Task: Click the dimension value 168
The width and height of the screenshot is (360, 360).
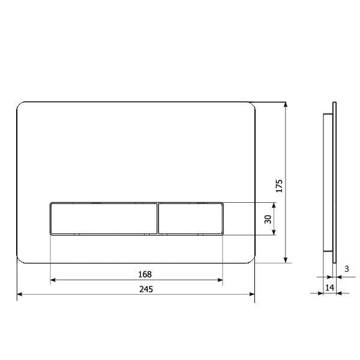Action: click(x=145, y=274)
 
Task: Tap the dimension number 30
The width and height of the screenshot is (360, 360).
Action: click(x=268, y=219)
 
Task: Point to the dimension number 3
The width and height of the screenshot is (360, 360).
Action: click(x=347, y=269)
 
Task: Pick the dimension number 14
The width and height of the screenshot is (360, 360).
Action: click(x=329, y=288)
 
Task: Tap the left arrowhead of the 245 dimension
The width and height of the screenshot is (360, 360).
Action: click(x=19, y=295)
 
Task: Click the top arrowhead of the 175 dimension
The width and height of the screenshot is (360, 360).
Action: click(x=286, y=105)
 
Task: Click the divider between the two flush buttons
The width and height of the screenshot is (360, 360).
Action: click(x=158, y=218)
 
